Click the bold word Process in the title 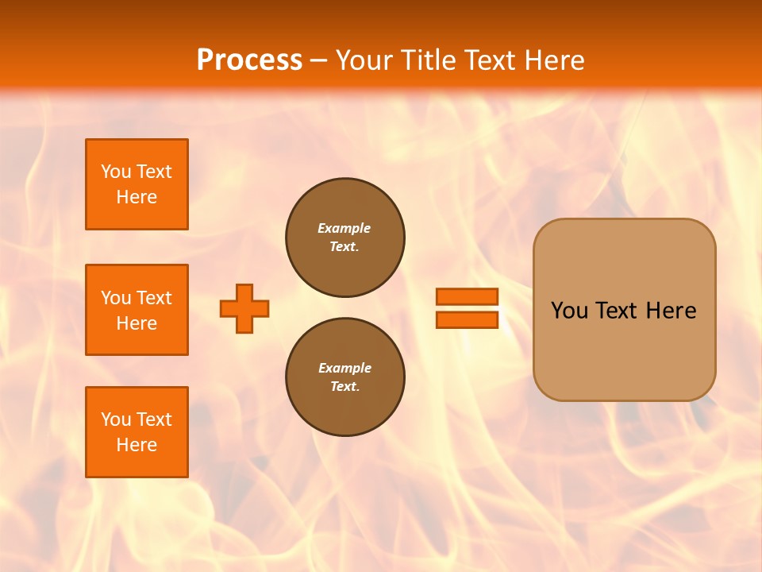point(249,60)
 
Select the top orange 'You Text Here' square point(137,184)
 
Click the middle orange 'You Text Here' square point(137,310)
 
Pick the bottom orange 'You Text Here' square point(137,432)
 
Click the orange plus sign point(244,308)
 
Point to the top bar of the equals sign point(467,296)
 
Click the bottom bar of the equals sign point(467,319)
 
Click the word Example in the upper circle point(344,228)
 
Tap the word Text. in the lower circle point(344,387)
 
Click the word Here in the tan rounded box point(671,311)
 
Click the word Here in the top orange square point(137,197)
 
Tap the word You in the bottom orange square point(116,419)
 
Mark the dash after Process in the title point(319,60)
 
